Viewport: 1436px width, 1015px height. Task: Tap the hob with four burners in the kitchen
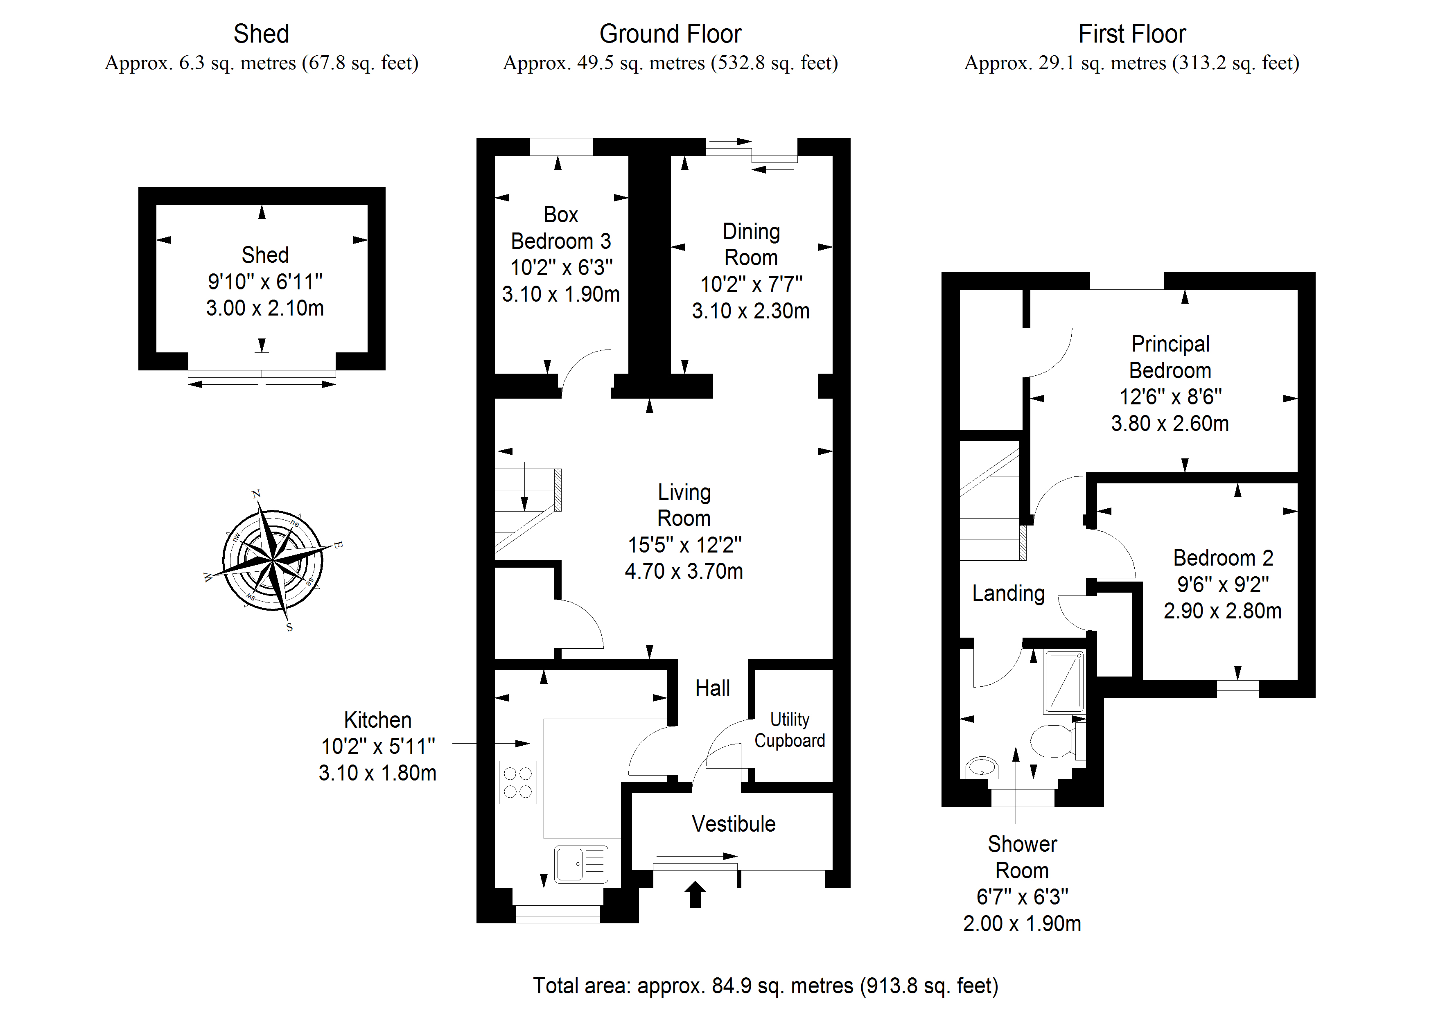(x=518, y=783)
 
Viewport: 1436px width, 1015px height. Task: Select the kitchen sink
(x=581, y=864)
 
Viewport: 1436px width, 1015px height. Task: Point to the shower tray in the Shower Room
(x=1064, y=682)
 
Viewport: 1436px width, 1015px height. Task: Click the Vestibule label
(x=734, y=824)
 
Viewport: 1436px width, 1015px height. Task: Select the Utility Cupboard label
(x=789, y=730)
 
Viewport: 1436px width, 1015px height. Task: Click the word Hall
(x=712, y=688)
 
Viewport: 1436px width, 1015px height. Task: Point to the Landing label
(x=1008, y=593)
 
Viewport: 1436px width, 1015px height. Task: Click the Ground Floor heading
(x=671, y=34)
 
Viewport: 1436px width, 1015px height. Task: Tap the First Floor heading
(x=1131, y=34)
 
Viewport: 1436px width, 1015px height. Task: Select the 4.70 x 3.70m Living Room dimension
(x=684, y=571)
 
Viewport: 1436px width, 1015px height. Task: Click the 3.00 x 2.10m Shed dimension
(x=265, y=308)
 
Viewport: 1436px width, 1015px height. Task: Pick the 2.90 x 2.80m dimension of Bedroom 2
(x=1222, y=610)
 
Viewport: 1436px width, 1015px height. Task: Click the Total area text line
(x=765, y=986)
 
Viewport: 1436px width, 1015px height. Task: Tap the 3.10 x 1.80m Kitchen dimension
(x=377, y=773)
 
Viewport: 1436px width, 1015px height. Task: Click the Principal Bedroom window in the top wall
(x=1127, y=281)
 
